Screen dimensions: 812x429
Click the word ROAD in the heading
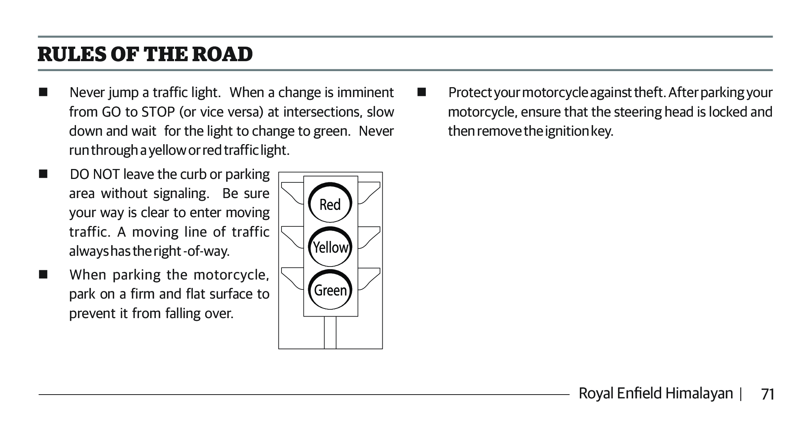coord(222,54)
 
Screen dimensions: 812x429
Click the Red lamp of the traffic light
coord(330,202)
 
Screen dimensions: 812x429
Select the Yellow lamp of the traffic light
coord(330,247)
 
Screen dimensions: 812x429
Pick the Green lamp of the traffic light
coord(330,289)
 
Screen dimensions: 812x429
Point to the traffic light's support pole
coord(330,332)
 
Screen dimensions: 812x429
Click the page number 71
coord(768,394)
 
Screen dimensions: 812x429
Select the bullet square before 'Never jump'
coord(43,93)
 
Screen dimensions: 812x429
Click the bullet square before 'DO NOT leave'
coord(43,174)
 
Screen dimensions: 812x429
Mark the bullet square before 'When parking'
coord(43,275)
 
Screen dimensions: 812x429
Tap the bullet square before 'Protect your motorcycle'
coord(422,93)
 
